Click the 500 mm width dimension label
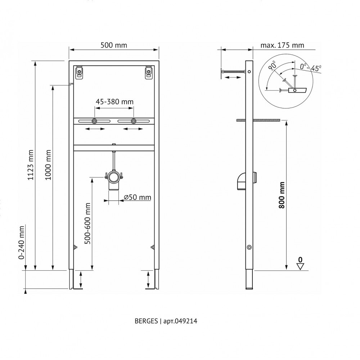(x=114, y=45)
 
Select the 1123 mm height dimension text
(x=31, y=165)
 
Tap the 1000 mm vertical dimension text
(x=48, y=165)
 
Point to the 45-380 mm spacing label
(x=114, y=102)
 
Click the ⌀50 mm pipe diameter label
(x=138, y=197)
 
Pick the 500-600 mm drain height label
(x=87, y=223)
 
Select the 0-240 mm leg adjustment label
(x=21, y=242)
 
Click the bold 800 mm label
(x=282, y=195)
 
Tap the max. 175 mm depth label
(x=282, y=45)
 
